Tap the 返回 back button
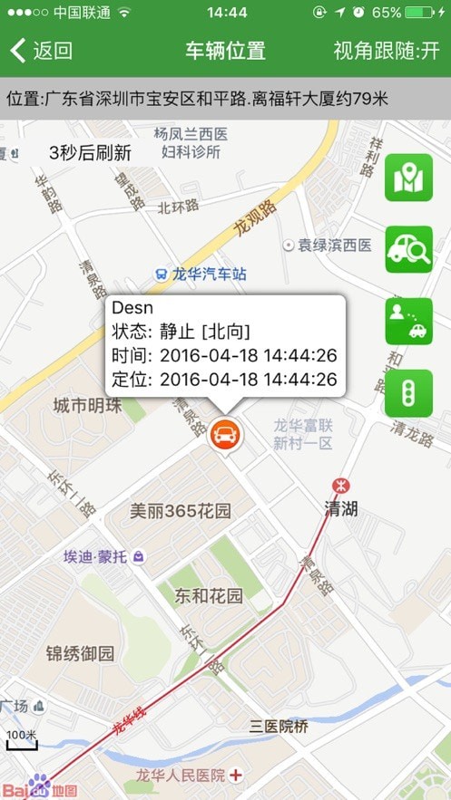(41, 51)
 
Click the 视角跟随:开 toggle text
(387, 51)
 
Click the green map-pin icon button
(408, 178)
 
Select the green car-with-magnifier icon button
(408, 249)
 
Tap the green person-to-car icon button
(408, 321)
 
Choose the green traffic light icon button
(408, 392)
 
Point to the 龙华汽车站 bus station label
(201, 274)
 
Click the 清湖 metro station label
(341, 508)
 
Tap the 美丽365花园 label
(181, 511)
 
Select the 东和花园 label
(209, 596)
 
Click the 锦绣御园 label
(81, 653)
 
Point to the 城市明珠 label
(87, 405)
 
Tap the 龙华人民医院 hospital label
(180, 776)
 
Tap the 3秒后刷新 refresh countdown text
(90, 152)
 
